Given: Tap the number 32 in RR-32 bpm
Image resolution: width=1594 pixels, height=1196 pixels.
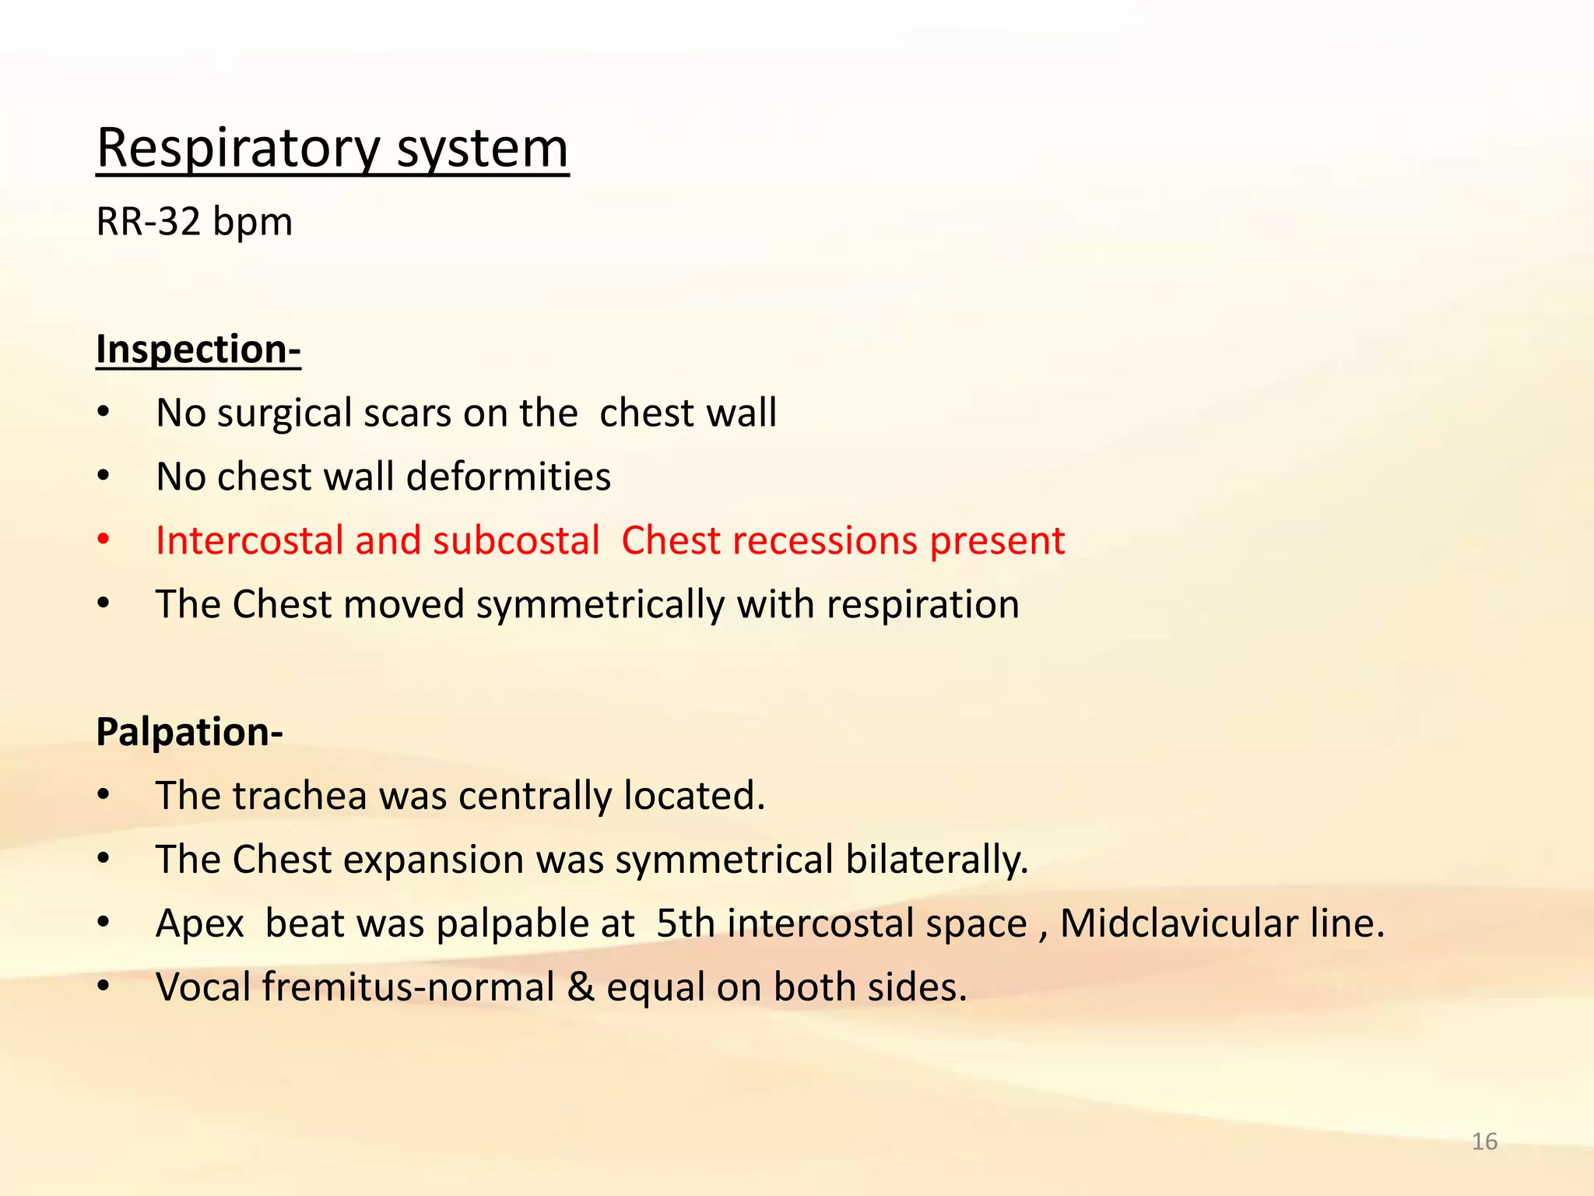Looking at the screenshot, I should (179, 222).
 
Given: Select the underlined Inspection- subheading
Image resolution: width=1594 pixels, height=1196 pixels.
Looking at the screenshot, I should (198, 349).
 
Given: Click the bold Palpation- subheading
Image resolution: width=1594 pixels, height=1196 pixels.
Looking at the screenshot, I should (189, 732).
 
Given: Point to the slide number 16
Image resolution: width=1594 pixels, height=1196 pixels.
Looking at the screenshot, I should (1484, 1141).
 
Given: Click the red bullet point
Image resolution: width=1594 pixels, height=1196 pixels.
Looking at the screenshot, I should (104, 540).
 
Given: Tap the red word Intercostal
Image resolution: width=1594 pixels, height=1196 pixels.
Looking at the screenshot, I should (249, 540).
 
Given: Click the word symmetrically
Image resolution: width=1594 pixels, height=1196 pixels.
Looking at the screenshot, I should (600, 605).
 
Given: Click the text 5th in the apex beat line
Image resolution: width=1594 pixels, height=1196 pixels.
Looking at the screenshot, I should (685, 923).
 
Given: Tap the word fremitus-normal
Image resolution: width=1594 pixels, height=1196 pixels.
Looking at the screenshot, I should (408, 987).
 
